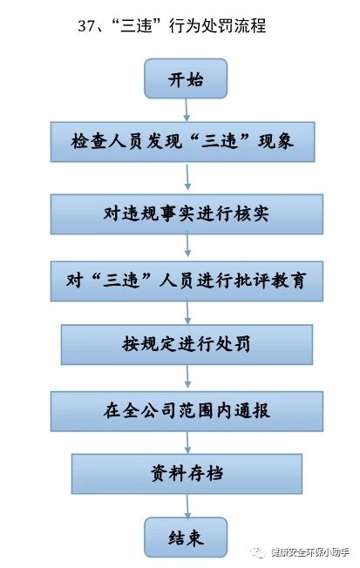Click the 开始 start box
pyautogui.click(x=186, y=78)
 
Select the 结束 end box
pyautogui.click(x=186, y=538)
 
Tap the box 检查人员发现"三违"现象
pyautogui.click(x=182, y=142)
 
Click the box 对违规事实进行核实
pyautogui.click(x=187, y=214)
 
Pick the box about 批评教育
pyautogui.click(x=187, y=281)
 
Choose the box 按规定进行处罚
pyautogui.click(x=187, y=344)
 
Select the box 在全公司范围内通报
pyautogui.click(x=187, y=411)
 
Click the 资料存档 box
pyautogui.click(x=187, y=474)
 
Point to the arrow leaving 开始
pyautogui.click(x=187, y=110)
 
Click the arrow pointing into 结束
pyautogui.click(x=187, y=505)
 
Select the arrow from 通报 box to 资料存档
pyautogui.click(x=187, y=443)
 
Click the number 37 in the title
pyautogui.click(x=86, y=26)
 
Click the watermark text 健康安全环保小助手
pyautogui.click(x=310, y=552)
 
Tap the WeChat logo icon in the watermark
pyautogui.click(x=259, y=552)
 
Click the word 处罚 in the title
pyautogui.click(x=217, y=26)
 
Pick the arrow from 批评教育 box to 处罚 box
pyautogui.click(x=187, y=313)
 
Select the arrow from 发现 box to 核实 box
pyautogui.click(x=187, y=177)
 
